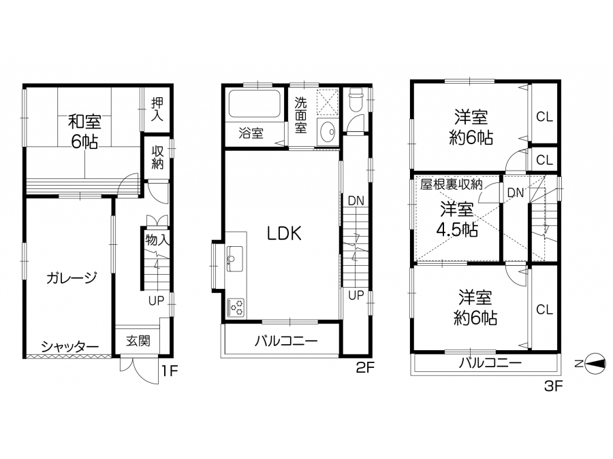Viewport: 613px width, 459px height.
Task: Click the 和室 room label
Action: coord(84,122)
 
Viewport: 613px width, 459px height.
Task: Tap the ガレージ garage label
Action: coord(71,278)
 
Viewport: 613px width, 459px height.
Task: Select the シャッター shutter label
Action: coord(70,346)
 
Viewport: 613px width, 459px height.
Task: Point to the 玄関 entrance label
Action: coord(138,341)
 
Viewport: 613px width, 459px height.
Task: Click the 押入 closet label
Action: coord(157,109)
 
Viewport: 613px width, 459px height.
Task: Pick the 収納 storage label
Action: coord(157,157)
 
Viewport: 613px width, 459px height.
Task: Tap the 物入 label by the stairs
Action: coord(157,239)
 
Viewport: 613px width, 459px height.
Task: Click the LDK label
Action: coord(284,233)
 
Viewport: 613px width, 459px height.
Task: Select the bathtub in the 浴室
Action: coord(254,104)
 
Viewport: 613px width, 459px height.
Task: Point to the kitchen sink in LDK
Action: coord(235,259)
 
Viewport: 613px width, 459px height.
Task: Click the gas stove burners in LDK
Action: coord(236,307)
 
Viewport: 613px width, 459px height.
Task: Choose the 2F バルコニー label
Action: coord(286,341)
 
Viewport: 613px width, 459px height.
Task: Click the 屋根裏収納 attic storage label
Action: coord(452,184)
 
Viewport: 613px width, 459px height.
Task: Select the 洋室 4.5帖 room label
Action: coord(457,220)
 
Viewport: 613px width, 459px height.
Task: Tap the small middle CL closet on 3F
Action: coord(545,160)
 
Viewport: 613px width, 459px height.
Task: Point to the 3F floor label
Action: coord(553,386)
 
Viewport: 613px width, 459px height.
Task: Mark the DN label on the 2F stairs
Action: coord(356,201)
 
